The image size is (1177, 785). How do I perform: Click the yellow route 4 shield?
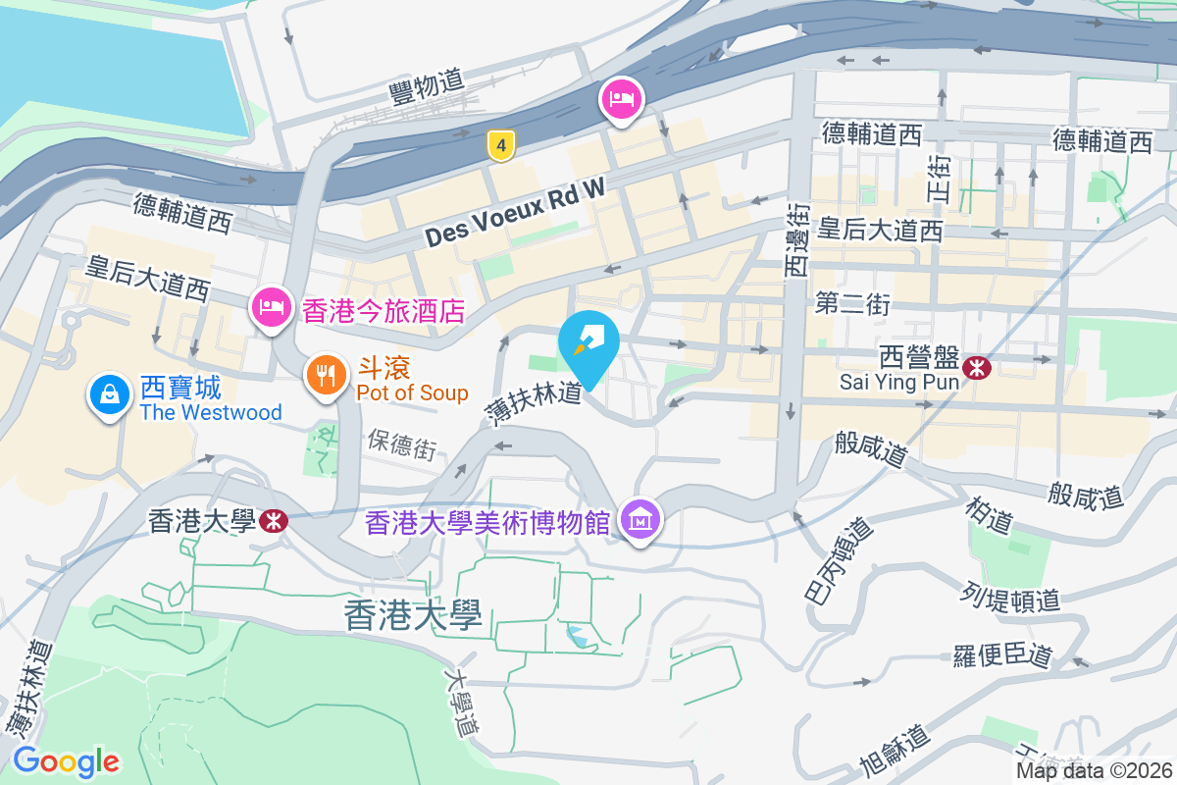501,146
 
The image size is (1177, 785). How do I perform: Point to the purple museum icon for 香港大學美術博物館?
640,520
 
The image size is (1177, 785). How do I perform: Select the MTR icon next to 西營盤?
976,368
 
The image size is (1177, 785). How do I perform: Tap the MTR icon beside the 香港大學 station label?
276,521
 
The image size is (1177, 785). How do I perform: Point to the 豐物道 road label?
426,82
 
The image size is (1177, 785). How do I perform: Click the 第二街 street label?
852,304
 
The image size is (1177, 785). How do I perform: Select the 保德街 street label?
402,446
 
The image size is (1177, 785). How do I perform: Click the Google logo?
66,760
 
